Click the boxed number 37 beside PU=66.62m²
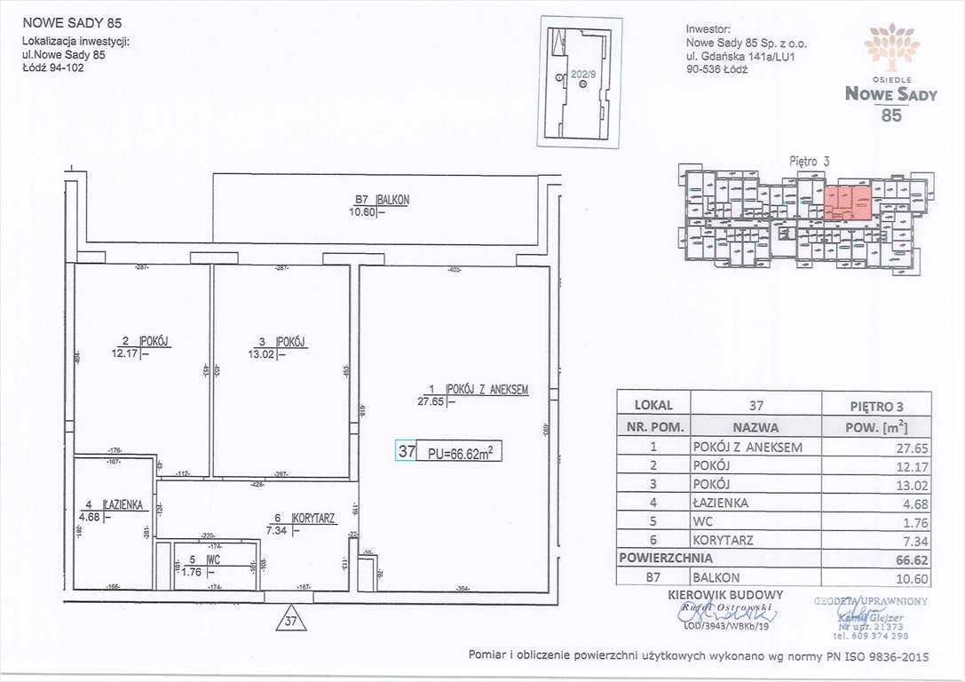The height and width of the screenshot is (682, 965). (407, 451)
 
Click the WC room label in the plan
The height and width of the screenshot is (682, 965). (213, 560)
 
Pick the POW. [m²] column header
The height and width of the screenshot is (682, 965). (877, 426)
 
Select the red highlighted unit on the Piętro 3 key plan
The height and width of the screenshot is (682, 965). (846, 202)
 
